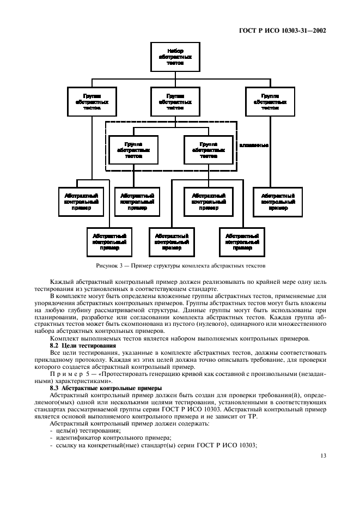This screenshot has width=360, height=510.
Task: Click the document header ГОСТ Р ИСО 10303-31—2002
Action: pos(282,31)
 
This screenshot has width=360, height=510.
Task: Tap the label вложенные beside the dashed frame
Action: pos(253,145)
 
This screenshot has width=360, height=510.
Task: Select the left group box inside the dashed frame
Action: pos(133,149)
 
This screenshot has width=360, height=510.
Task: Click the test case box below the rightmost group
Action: pos(278,202)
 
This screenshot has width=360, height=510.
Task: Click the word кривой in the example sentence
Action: pos(197,374)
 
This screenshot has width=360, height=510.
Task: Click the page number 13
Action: pos(323,457)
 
